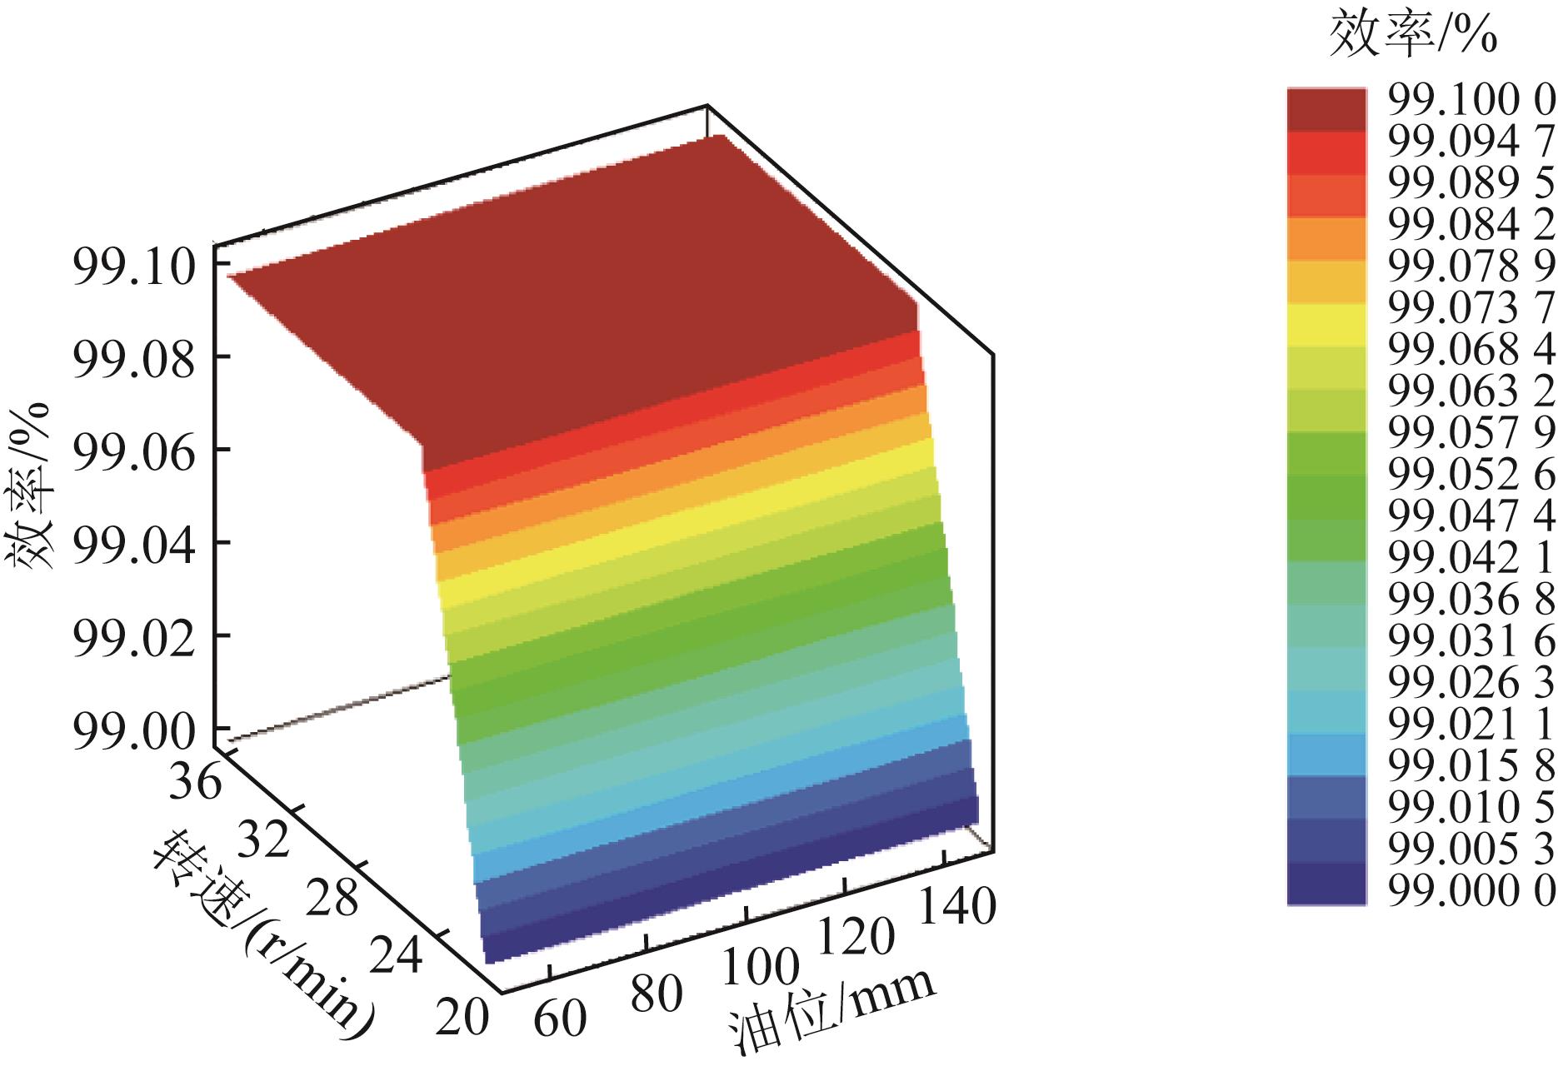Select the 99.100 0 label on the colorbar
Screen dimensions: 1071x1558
pyautogui.click(x=1471, y=102)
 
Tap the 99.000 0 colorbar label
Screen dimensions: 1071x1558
pyautogui.click(x=1471, y=891)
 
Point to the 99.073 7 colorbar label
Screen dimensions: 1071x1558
pyautogui.click(x=1471, y=308)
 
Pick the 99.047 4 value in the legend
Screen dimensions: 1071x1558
pyautogui.click(x=1471, y=516)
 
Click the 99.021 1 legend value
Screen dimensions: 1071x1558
pyautogui.click(x=1471, y=724)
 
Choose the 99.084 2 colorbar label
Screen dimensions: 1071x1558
pyautogui.click(x=1471, y=226)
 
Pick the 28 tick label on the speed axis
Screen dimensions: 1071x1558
pyautogui.click(x=332, y=899)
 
